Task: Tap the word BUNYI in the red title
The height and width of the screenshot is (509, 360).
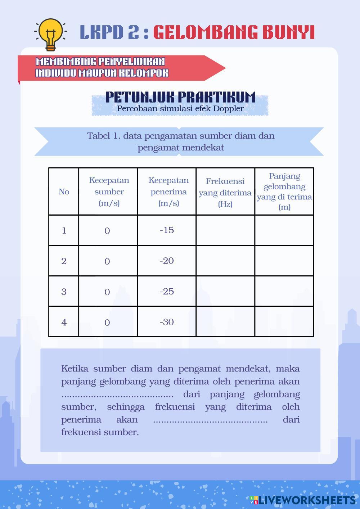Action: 288,32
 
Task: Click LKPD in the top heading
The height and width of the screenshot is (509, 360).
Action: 100,32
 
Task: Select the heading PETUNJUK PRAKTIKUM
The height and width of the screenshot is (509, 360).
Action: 180,97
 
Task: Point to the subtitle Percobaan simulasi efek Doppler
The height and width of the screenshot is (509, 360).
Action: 180,108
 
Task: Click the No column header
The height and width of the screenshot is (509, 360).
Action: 64,192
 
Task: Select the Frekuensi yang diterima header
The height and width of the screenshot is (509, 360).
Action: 225,192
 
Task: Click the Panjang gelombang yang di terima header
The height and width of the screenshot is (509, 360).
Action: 284,192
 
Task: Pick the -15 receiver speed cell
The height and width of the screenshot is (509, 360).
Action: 167,230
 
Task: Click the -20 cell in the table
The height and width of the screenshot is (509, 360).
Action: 167,261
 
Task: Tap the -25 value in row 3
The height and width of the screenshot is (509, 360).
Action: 167,292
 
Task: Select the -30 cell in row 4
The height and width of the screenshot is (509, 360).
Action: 167,322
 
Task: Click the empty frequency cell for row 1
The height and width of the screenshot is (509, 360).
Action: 225,230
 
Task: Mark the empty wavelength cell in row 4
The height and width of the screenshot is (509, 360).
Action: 284,322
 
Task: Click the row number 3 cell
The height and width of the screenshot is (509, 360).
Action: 64,292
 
